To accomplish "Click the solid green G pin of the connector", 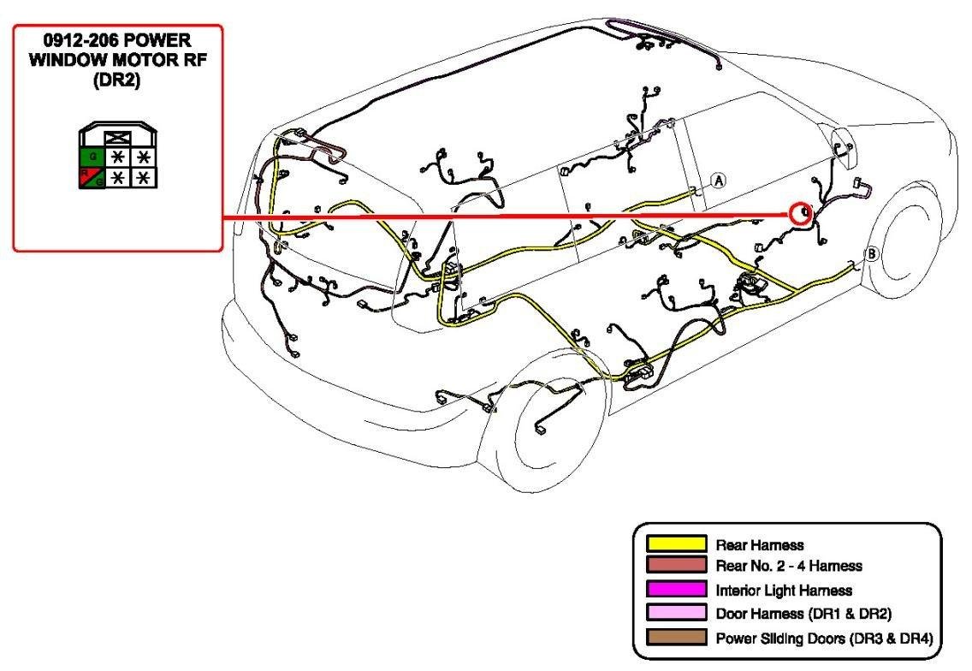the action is [x=92, y=157].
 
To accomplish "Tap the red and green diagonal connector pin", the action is [x=92, y=178].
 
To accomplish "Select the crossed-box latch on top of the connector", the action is [x=118, y=139].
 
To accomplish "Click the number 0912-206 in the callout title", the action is [x=80, y=41].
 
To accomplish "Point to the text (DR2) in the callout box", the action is [x=116, y=80].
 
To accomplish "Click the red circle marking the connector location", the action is [x=800, y=213].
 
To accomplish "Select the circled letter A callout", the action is [x=719, y=181].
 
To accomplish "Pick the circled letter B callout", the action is [x=872, y=253].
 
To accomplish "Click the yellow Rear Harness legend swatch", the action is [x=676, y=543].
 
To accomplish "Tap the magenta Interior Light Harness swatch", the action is [x=676, y=589].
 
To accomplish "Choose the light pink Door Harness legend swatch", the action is [x=676, y=613].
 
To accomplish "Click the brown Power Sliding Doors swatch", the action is [x=676, y=637].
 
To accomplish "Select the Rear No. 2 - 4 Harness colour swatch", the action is [x=676, y=564].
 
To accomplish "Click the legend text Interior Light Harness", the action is [x=784, y=591].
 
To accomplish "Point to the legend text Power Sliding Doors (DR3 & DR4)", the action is [x=825, y=638].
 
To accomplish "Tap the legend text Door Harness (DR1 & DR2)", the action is [x=804, y=614].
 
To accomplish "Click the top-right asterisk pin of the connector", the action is [x=144, y=157].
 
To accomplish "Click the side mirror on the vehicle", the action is [x=845, y=147].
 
